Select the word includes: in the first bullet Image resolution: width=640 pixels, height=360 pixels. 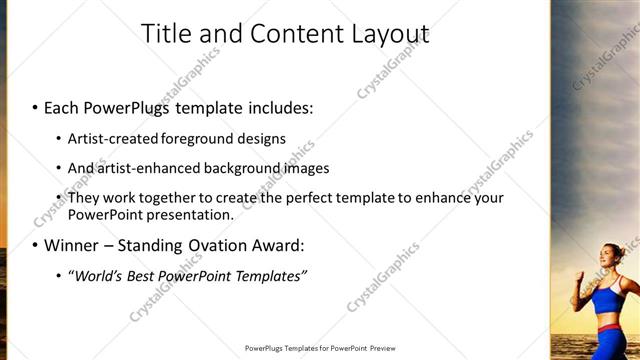pyautogui.click(x=275, y=106)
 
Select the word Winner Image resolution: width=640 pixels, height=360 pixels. pyautogui.click(x=70, y=245)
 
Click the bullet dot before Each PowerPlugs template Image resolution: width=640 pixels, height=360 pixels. pyautogui.click(x=36, y=107)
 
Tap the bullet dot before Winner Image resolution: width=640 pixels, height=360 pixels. pyautogui.click(x=36, y=246)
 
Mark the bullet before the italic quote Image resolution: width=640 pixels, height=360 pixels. pyautogui.click(x=58, y=276)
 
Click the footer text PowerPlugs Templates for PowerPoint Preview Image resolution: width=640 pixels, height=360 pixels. pyautogui.click(x=320, y=348)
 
